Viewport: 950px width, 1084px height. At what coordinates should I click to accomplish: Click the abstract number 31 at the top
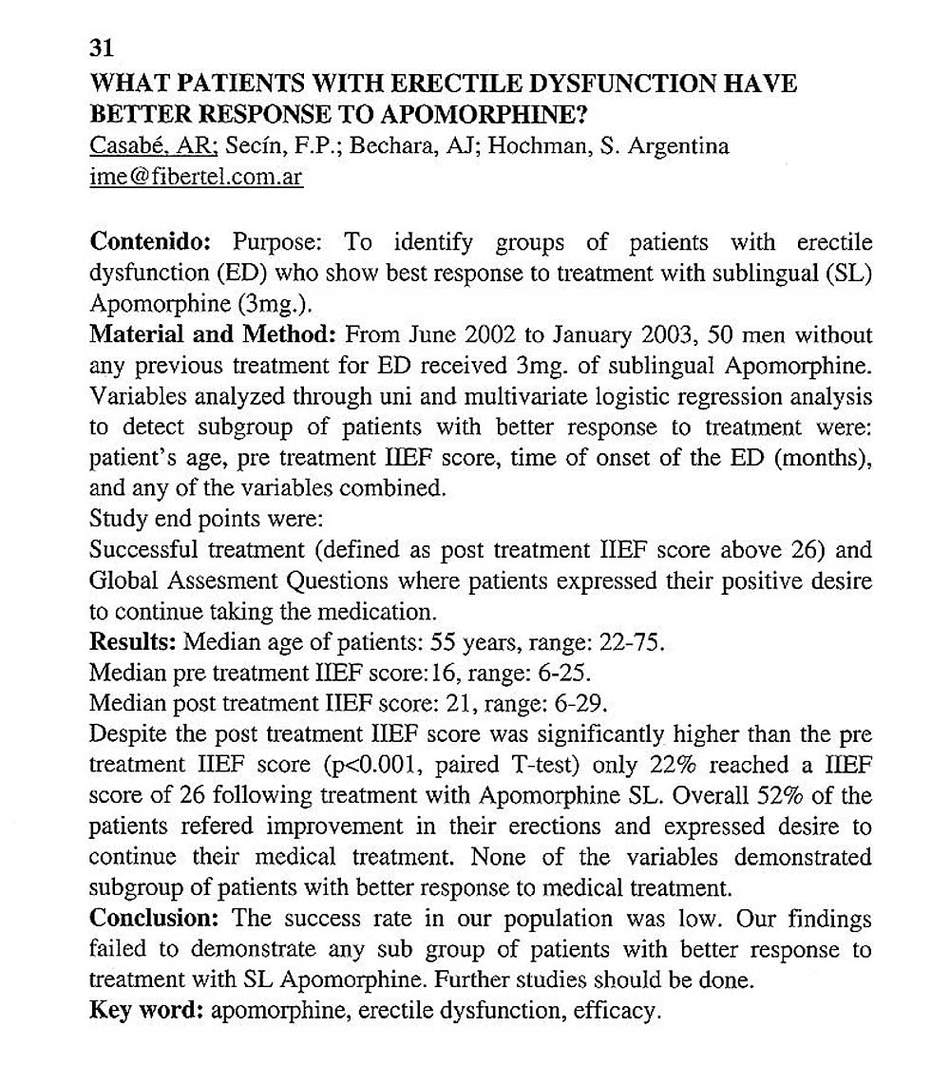click(101, 48)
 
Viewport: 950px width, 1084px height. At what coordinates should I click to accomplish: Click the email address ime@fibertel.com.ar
click(196, 179)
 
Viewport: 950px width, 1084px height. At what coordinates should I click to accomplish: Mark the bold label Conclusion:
click(156, 920)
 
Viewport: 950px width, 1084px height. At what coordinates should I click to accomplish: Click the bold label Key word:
click(145, 1011)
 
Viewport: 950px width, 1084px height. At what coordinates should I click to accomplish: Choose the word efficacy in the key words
click(615, 1011)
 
